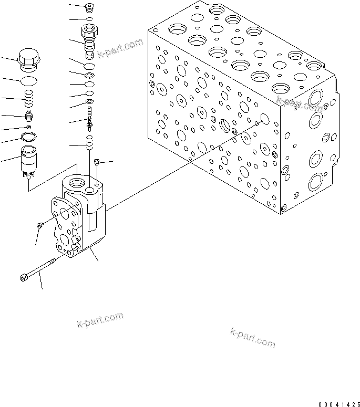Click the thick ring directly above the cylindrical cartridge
pos(28,138)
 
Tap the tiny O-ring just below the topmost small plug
pos(90,19)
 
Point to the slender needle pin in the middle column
pos(91,119)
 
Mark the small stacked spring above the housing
pos(90,141)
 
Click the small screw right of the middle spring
pos(97,163)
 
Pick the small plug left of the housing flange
pos(40,225)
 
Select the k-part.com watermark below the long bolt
pos(100,319)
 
